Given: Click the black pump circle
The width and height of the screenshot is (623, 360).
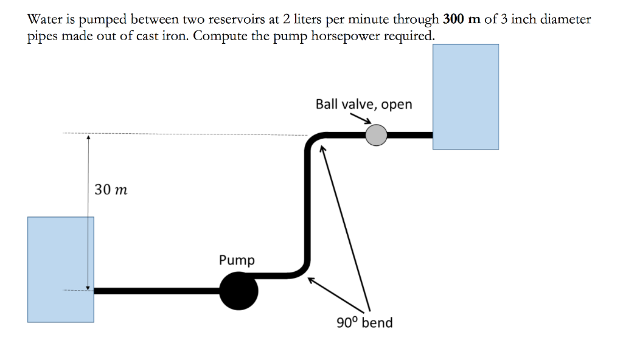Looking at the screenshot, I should [x=238, y=291].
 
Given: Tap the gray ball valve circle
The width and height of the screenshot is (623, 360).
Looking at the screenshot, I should [x=377, y=135].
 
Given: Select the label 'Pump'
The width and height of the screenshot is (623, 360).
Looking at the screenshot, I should [x=237, y=260].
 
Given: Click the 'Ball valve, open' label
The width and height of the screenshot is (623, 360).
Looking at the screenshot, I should [x=363, y=104].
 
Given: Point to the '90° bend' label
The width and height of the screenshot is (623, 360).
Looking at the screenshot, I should [x=364, y=322].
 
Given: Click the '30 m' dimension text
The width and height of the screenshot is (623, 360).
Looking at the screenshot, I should [x=111, y=190].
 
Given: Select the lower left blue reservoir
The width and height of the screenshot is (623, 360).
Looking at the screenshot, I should [x=60, y=269].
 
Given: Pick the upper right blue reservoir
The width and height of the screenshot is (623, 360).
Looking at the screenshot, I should [x=465, y=96].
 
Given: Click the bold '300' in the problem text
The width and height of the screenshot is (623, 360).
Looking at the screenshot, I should [x=454, y=19].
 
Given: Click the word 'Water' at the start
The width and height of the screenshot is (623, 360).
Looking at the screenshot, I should [x=44, y=19].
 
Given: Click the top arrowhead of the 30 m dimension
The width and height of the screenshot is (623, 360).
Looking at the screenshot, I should [x=88, y=138].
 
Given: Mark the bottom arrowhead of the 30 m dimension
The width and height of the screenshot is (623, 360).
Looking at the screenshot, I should [x=88, y=286].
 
